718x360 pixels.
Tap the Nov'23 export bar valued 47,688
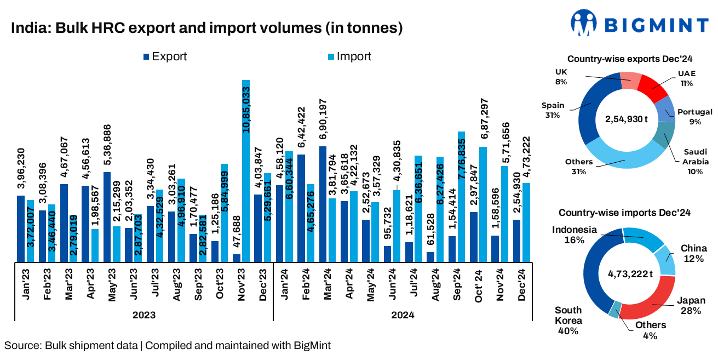(237, 258)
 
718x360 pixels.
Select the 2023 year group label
(144, 315)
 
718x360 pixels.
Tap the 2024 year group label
(403, 315)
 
